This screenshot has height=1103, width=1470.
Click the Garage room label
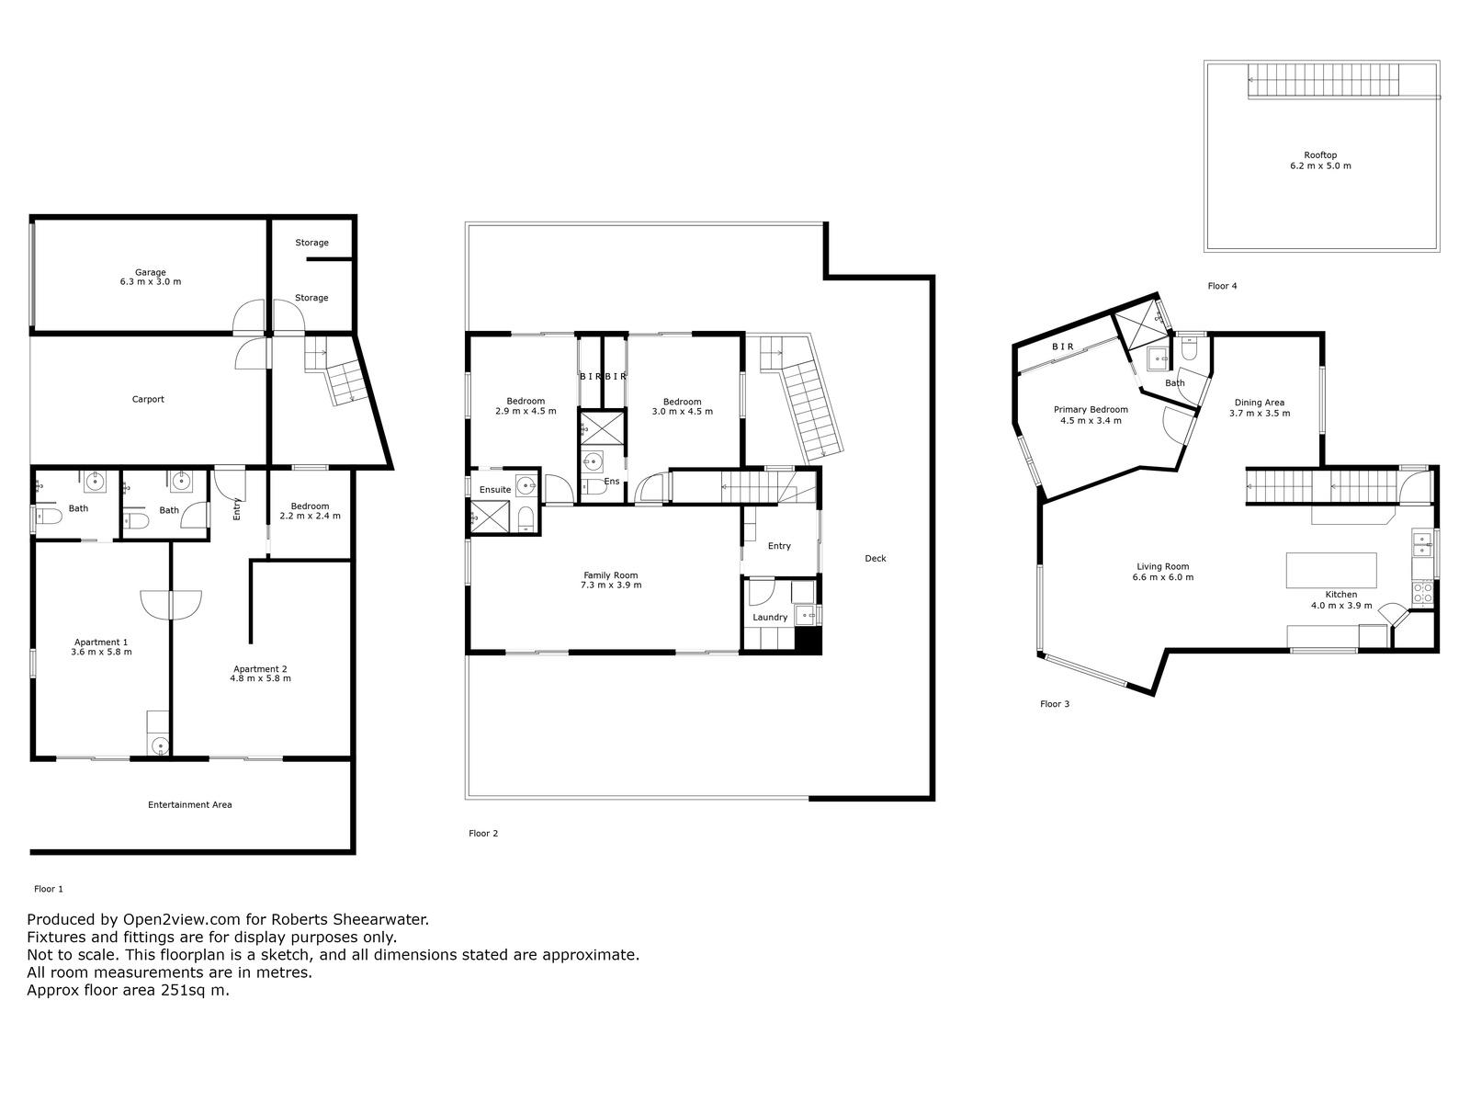[150, 277]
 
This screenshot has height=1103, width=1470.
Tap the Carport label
[148, 399]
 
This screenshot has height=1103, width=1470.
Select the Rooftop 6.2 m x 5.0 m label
[1320, 160]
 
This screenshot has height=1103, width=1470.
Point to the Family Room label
[611, 580]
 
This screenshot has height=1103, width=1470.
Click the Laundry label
[770, 618]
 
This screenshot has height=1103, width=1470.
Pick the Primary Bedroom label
[1091, 415]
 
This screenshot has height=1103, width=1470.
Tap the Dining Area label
[1259, 407]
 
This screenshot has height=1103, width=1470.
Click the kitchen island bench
[1330, 570]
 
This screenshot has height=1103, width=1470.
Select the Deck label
[876, 558]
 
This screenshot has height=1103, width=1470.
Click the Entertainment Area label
[189, 804]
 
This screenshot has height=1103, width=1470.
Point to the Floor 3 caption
[1054, 703]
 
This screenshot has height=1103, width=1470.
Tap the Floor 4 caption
[1222, 286]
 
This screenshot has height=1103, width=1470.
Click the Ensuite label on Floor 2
[495, 490]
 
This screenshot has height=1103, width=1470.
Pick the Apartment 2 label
[260, 673]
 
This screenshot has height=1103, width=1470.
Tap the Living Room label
[1162, 571]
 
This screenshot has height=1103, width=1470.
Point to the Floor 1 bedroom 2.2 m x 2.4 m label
[310, 511]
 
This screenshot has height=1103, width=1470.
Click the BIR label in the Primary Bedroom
[1063, 347]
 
